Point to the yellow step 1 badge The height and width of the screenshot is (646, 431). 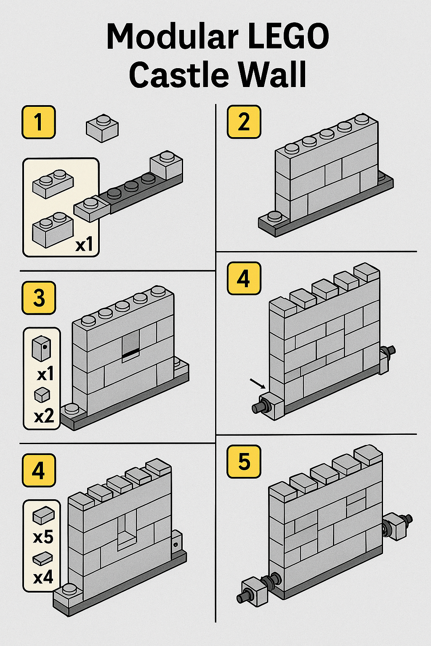(x=39, y=122)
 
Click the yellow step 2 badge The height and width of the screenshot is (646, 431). (x=244, y=122)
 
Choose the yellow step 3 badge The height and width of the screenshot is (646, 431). (x=39, y=298)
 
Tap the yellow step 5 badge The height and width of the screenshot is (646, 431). (x=244, y=461)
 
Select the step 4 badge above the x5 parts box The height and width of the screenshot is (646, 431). (x=39, y=470)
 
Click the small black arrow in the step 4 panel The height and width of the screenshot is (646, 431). (x=258, y=384)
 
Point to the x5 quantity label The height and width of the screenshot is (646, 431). (x=43, y=537)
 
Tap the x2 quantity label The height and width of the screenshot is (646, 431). (x=44, y=416)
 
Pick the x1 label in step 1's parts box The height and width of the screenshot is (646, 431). (x=84, y=245)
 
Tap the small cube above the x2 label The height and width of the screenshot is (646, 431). (x=42, y=395)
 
